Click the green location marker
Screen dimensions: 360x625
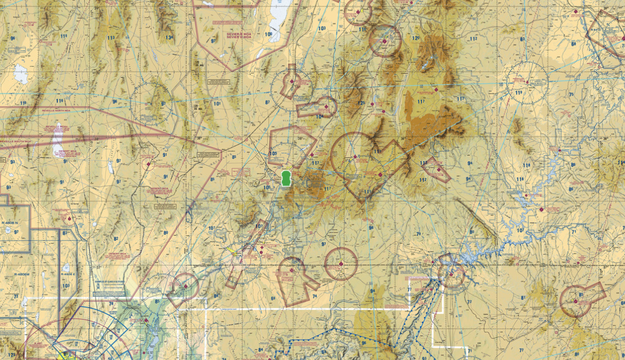(286, 179)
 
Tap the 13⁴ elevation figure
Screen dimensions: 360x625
(169, 38)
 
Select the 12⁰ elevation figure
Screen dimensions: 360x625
(415, 38)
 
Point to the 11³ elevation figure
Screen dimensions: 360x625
(111, 38)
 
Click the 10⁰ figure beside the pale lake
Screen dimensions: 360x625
(269, 34)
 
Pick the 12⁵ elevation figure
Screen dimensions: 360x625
(361, 103)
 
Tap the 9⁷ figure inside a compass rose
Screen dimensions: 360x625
(163, 104)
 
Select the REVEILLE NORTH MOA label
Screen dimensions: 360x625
(56, 111)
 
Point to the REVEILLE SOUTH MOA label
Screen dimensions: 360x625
(17, 142)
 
